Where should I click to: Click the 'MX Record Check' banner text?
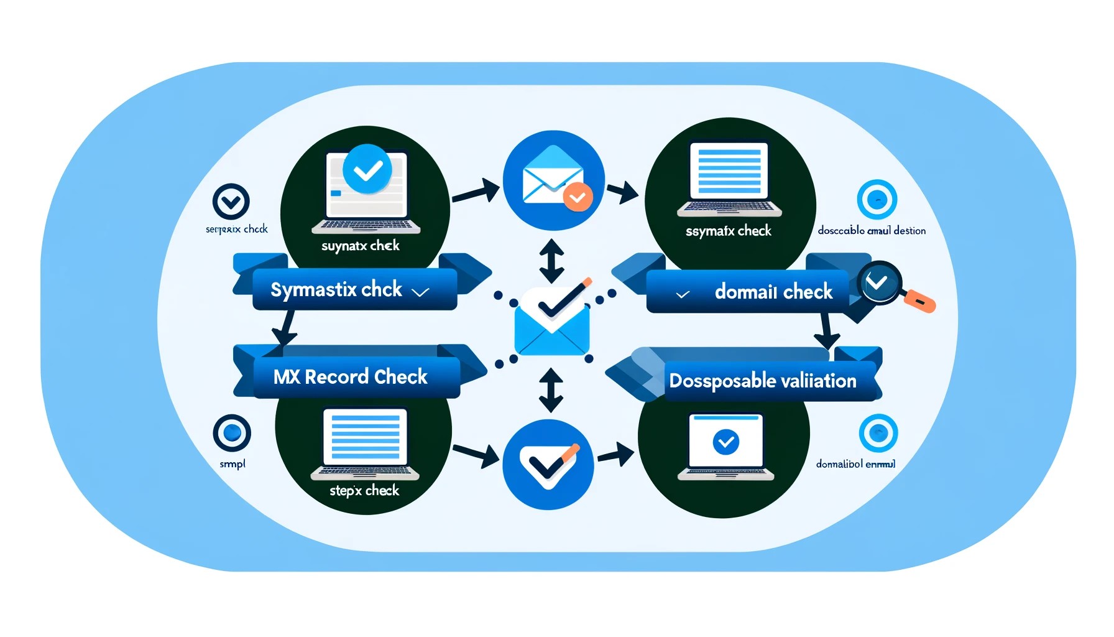(350, 376)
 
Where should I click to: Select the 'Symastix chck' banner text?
(336, 289)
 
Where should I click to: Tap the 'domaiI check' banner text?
(773, 291)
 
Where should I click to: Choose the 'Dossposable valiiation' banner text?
(763, 380)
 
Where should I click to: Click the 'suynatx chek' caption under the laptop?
(360, 246)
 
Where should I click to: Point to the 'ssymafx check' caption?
(728, 231)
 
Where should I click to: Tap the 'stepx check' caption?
(364, 490)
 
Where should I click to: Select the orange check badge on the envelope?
(578, 197)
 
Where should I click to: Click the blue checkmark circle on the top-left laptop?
(367, 169)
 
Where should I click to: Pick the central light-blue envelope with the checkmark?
(552, 323)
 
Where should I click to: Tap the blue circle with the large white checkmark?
(548, 464)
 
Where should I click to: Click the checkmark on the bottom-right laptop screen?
(725, 442)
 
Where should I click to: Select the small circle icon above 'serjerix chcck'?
(231, 202)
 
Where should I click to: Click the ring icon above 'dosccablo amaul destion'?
(877, 200)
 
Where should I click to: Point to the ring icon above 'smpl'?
(232, 433)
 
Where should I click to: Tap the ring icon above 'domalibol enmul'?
(878, 433)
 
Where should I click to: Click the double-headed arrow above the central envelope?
(551, 261)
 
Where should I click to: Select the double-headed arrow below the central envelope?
(551, 390)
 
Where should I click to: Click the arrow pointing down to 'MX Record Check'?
(286, 328)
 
